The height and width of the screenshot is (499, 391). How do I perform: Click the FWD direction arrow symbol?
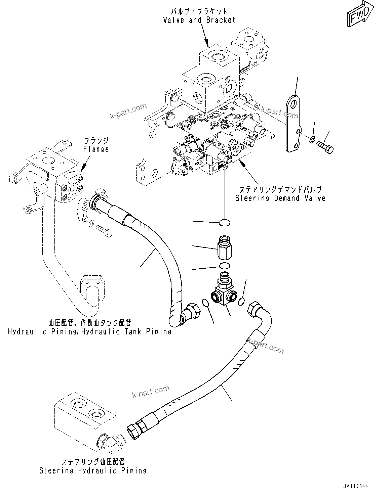pos(359,15)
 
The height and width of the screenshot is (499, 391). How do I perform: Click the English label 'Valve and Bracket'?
pos(199,20)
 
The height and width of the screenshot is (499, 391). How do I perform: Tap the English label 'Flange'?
pos(96,149)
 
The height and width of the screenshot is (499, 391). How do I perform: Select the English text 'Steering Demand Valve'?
pos(280,198)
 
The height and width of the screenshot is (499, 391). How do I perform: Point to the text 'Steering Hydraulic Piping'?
pos(93,470)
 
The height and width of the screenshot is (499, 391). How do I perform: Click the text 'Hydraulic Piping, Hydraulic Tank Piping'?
pos(90,332)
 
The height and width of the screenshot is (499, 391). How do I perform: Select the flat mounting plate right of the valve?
pos(292,124)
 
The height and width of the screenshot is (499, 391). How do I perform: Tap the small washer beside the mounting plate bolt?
pos(312,139)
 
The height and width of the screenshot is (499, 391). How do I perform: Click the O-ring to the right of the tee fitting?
pos(241,302)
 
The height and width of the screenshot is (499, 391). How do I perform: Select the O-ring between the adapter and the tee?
pos(224,266)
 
